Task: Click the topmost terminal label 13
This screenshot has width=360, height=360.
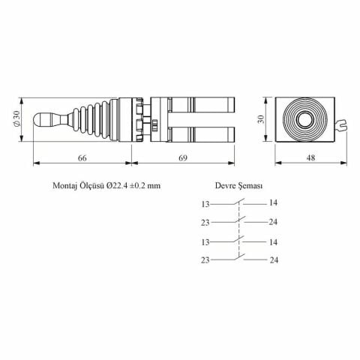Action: click(207, 203)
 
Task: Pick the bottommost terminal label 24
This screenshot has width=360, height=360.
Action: click(273, 259)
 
